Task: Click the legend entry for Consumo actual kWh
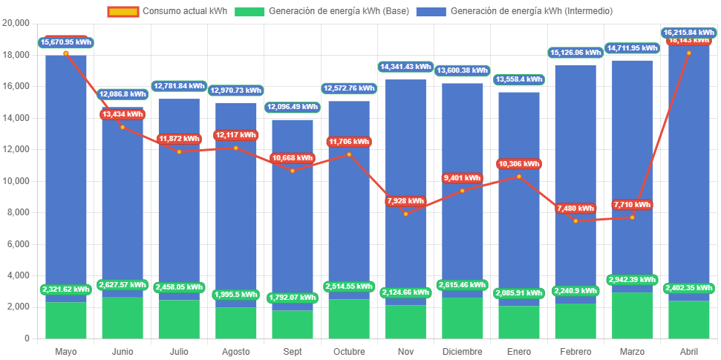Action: coord(166,11)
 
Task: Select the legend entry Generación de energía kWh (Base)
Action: coord(323,11)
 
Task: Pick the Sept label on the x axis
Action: coord(293,351)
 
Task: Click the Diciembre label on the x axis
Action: coord(463,351)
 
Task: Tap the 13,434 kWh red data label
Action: coord(123,114)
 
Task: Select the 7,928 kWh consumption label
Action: coord(406,201)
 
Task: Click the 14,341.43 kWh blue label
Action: coord(405,67)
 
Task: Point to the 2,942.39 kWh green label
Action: coord(632,280)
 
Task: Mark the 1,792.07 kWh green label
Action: coord(293,298)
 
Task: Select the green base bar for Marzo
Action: coord(633,315)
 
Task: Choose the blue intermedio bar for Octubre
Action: coord(349,223)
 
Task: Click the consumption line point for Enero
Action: coord(519,176)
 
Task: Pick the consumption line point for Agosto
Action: coord(236,148)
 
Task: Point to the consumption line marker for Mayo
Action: coord(66,53)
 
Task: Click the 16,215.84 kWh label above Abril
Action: coord(690,33)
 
